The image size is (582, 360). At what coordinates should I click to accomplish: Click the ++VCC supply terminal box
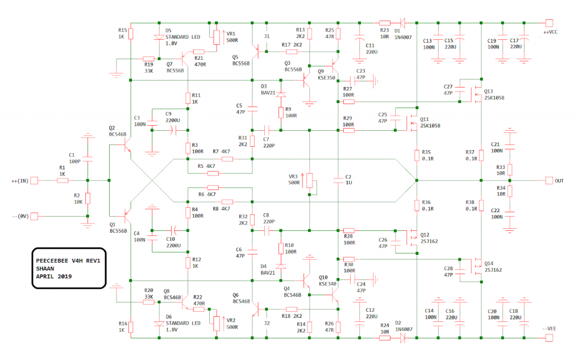(549, 23)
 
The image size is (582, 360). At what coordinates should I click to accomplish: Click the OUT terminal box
(549, 180)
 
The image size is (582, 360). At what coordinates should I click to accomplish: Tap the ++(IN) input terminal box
(34, 180)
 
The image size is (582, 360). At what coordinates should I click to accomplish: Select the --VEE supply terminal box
(549, 338)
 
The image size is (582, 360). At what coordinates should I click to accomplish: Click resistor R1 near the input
(63, 180)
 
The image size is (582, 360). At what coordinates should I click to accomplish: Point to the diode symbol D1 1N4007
(402, 23)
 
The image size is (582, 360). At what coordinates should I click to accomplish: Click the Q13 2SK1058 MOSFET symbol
(477, 95)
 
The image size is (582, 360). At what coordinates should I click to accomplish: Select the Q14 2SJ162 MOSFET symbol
(477, 266)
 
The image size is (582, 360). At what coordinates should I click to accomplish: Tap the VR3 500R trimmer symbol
(310, 180)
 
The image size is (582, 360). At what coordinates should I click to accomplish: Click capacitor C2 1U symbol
(338, 180)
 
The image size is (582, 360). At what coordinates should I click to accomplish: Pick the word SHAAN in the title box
(45, 268)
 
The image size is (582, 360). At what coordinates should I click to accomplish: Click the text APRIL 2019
(54, 276)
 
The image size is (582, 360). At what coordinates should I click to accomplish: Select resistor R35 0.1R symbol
(417, 155)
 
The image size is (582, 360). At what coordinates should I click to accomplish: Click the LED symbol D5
(159, 37)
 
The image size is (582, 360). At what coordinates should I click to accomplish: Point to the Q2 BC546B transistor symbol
(126, 145)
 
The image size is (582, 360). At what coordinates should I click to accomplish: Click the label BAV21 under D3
(268, 93)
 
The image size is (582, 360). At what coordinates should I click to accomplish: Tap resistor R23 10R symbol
(385, 23)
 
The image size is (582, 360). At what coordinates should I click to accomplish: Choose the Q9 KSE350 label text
(326, 75)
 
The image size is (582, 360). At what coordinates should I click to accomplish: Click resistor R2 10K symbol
(88, 198)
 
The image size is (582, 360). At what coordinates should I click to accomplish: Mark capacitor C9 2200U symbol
(173, 130)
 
